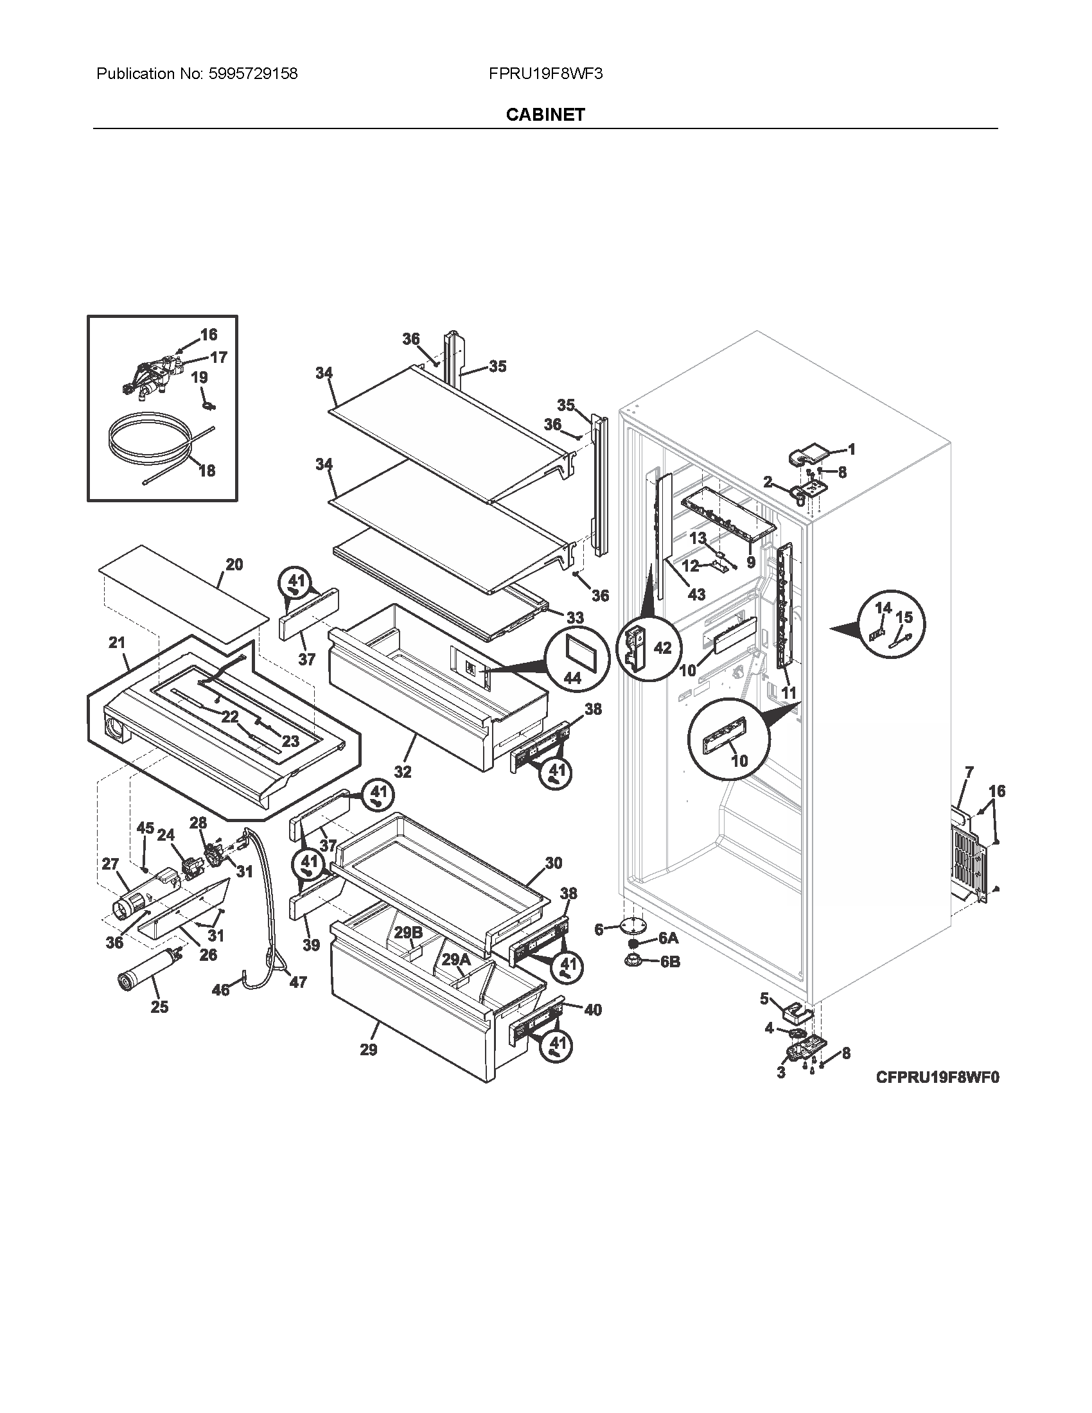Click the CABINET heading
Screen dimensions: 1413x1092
[545, 114]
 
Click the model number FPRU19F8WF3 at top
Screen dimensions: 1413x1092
[545, 74]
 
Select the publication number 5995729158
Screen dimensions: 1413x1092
[253, 74]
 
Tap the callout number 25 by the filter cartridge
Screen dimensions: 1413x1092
[159, 1006]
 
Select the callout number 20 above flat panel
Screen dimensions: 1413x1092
[234, 564]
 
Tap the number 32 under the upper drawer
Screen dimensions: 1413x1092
[402, 772]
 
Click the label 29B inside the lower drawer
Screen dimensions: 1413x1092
[408, 933]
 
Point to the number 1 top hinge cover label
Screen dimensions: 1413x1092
[851, 449]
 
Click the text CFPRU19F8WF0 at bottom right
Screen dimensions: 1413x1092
[937, 1077]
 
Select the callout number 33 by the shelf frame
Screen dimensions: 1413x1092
[575, 618]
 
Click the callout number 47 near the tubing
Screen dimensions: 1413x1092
[297, 982]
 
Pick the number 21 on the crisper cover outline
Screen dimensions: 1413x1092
[117, 642]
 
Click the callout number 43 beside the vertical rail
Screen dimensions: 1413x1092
[696, 594]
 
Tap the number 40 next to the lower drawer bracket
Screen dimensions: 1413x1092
[593, 1009]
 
